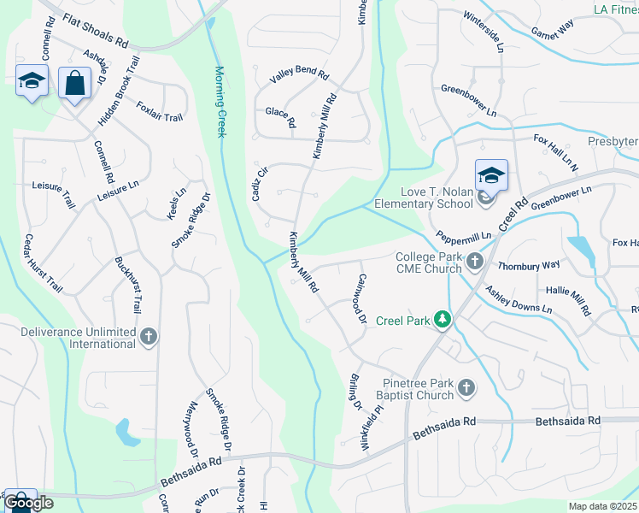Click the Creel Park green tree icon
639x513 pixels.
[x=442, y=320]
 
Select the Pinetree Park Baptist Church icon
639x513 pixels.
[x=466, y=388]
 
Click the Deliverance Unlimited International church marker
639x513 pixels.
[x=149, y=335]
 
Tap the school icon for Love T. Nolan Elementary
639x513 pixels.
[x=491, y=176]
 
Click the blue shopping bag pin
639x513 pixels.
[x=75, y=84]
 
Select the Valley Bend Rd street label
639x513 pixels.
[x=299, y=74]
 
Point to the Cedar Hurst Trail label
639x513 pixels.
[x=43, y=263]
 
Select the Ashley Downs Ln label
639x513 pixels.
[x=519, y=299]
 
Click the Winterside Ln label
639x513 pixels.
[x=484, y=32]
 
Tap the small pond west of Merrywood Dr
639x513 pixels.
[x=127, y=432]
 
